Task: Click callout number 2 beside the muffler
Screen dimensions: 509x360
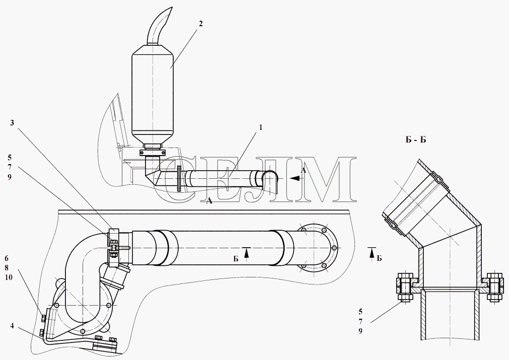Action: (x=201, y=23)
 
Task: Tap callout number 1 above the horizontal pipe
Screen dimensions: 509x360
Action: (x=260, y=127)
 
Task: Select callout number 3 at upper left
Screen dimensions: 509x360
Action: (x=13, y=123)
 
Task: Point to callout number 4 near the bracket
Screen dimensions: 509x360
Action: (x=12, y=326)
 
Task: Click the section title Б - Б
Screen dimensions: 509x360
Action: (x=416, y=139)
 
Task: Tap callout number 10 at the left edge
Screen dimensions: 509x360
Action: (x=9, y=278)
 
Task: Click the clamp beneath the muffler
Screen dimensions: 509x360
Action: (x=152, y=152)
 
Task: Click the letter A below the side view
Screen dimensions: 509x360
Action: (x=209, y=201)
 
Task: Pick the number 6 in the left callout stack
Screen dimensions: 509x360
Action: (x=7, y=258)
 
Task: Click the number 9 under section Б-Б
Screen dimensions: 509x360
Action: (x=360, y=331)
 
